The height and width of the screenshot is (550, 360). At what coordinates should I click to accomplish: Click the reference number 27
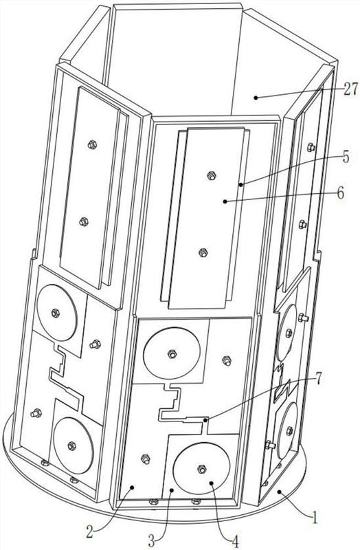click(351, 89)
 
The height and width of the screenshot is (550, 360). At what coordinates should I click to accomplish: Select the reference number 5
click(346, 157)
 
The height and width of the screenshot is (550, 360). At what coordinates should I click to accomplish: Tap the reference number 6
click(341, 193)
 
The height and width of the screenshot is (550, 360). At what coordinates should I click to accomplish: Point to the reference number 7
click(317, 379)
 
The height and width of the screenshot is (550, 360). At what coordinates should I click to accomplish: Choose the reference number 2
click(90, 532)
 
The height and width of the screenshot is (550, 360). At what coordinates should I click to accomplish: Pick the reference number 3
click(151, 541)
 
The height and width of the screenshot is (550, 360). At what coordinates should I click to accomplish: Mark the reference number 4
click(235, 541)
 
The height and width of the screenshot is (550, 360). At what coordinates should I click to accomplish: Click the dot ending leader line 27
click(256, 98)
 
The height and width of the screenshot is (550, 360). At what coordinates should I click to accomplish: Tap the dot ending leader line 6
click(225, 201)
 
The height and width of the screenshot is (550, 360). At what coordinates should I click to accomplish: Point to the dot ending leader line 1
click(279, 492)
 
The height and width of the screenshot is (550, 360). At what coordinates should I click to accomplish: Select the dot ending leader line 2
click(132, 487)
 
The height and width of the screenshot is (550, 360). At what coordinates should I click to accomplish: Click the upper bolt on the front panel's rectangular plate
click(211, 176)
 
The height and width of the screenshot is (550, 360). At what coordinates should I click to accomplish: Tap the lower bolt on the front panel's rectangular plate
click(203, 252)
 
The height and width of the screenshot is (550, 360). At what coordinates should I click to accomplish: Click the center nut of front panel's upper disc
click(171, 354)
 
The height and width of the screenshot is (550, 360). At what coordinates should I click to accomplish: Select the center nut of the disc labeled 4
click(201, 469)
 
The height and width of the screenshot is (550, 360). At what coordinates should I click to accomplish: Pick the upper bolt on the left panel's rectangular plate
click(92, 144)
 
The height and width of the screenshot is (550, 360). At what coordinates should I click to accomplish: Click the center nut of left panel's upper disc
click(55, 313)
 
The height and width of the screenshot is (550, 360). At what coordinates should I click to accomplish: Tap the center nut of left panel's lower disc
click(71, 445)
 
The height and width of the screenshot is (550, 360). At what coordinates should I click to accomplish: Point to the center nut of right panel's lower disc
click(289, 431)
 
